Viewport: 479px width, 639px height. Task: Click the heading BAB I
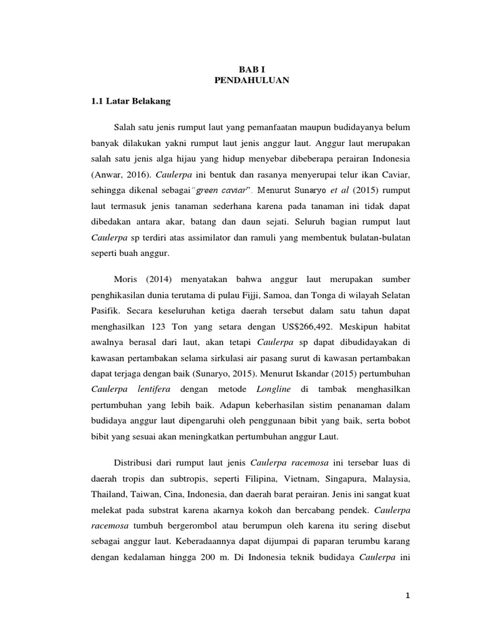coord(252,71)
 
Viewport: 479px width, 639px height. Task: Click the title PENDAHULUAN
coord(252,81)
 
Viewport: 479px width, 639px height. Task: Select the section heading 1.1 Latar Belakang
coord(127,101)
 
